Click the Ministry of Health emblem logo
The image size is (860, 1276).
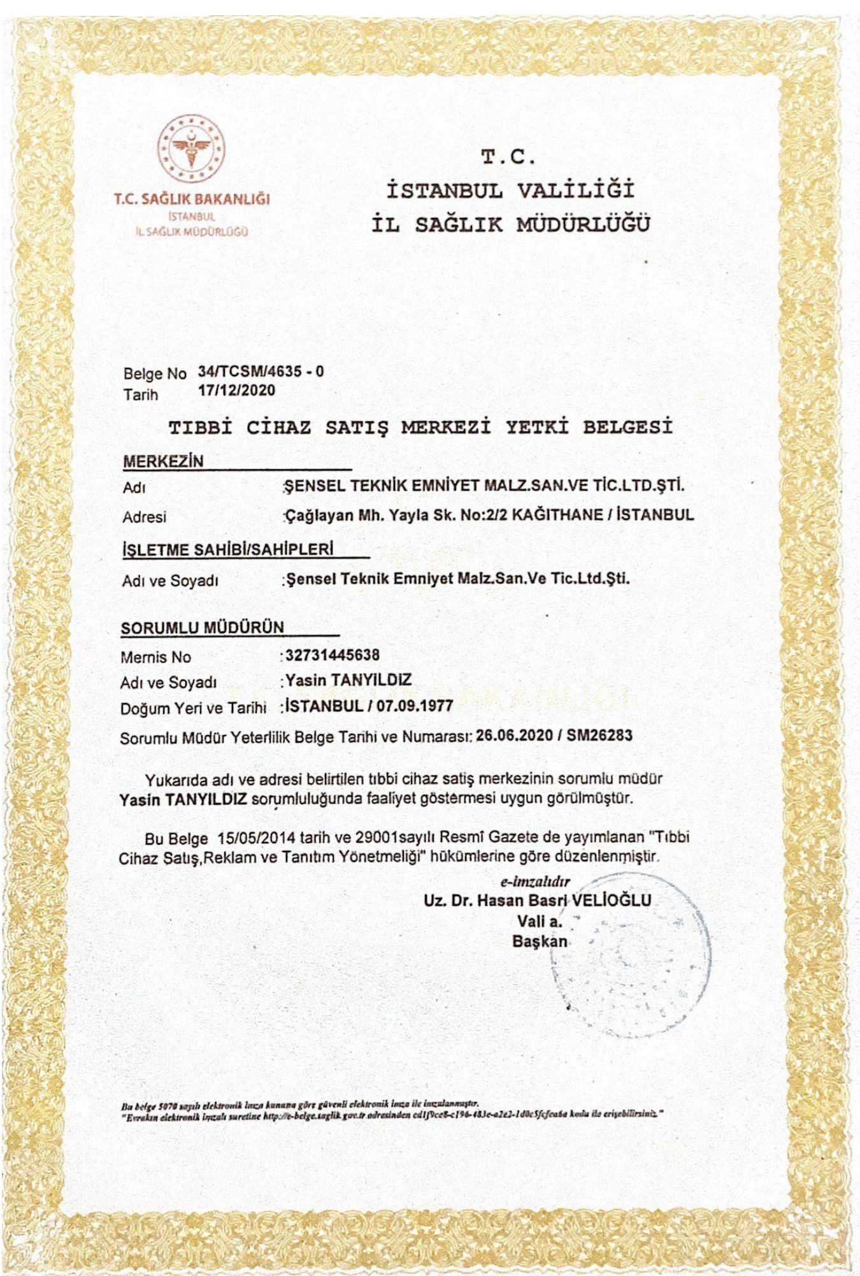tap(191, 149)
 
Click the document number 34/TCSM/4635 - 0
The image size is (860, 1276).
tap(261, 371)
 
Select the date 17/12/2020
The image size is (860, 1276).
tap(236, 390)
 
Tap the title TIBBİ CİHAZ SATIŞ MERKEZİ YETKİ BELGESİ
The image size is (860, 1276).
tap(420, 426)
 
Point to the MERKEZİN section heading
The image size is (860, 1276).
tap(163, 461)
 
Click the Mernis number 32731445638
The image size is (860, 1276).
tap(332, 655)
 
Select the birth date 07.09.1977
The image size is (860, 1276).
tap(414, 706)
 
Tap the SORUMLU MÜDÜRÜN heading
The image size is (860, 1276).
tap(203, 627)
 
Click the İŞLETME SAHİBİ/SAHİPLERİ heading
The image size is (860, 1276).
tap(227, 549)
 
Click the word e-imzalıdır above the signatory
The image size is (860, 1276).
tap(534, 881)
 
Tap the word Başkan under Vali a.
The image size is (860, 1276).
tap(539, 941)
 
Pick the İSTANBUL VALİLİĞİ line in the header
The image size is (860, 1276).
tap(510, 190)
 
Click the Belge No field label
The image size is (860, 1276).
tap(155, 373)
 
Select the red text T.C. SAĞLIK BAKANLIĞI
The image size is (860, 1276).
tap(192, 198)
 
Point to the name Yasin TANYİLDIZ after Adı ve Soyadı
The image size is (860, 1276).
tap(348, 680)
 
